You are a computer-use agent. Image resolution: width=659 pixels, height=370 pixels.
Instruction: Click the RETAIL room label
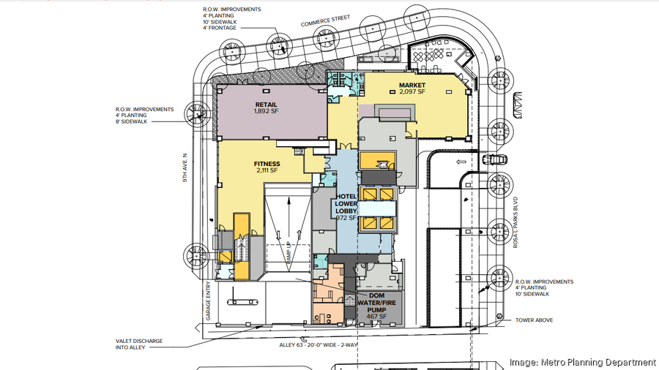click(x=266, y=105)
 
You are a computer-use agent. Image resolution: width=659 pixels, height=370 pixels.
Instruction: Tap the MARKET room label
click(x=412, y=86)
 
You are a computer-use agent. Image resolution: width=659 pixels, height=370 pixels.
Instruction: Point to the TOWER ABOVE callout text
click(x=535, y=320)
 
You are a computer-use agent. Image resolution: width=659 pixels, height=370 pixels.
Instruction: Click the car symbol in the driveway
click(x=495, y=160)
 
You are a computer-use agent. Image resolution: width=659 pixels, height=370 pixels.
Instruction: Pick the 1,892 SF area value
click(x=266, y=112)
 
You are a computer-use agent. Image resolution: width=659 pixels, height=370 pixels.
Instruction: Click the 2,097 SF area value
click(x=412, y=93)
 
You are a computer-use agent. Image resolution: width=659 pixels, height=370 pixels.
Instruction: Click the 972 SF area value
click(x=346, y=217)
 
